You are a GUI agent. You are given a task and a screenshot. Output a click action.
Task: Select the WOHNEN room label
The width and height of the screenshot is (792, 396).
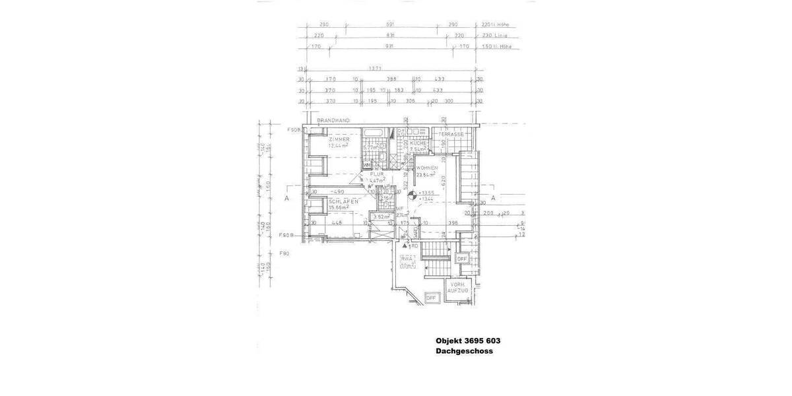coord(428,169)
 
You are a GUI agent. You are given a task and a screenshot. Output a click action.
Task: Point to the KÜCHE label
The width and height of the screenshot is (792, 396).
coord(418,143)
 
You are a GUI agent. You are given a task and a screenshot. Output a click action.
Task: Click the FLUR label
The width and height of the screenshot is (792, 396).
coord(378,174)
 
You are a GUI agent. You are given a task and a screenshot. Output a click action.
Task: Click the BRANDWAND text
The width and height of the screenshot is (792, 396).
coord(333,121)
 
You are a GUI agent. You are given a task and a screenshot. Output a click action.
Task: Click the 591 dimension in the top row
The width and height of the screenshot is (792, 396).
coord(391,25)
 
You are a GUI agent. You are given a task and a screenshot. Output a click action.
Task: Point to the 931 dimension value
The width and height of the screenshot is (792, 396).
coord(391,47)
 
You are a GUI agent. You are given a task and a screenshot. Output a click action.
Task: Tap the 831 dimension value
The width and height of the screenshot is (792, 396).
coord(391,36)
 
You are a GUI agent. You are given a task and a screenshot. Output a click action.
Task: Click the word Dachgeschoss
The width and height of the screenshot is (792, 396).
coord(464,351)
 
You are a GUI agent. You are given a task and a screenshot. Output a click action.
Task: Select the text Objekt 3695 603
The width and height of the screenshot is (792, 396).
coord(468,341)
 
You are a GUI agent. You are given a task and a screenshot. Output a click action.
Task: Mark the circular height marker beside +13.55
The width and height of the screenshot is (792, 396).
coord(411,195)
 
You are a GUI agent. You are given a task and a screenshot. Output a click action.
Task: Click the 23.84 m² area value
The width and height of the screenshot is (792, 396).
coord(426,176)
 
